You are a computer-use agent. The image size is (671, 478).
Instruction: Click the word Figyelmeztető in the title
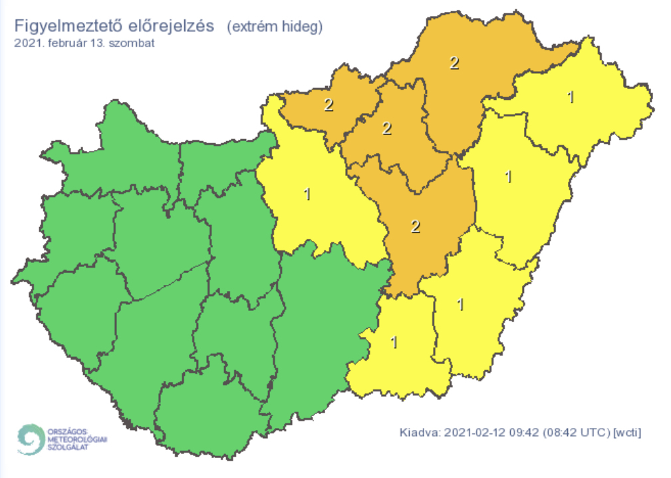coord(61,27)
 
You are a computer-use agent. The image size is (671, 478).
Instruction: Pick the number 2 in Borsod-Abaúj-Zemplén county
coord(454,64)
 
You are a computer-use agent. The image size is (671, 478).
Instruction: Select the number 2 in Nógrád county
coord(329,105)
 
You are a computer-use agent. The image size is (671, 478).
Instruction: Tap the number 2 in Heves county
coord(386,128)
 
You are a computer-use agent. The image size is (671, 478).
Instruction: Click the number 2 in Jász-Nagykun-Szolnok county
coord(416,226)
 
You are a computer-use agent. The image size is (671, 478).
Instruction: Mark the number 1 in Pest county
coord(307,194)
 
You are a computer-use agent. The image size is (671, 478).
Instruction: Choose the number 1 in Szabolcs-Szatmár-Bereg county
coord(571,97)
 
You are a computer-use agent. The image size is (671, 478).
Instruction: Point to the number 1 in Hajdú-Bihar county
coord(509,177)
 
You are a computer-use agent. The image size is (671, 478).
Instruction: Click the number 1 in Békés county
coord(461,304)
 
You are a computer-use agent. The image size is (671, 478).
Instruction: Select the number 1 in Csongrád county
coord(394,343)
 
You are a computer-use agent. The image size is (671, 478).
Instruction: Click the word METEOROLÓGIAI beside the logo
coord(76,439)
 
